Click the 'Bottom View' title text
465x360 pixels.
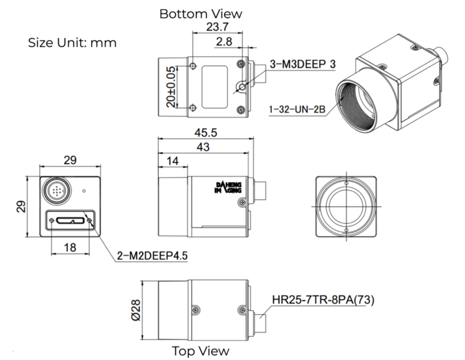pos(200,13)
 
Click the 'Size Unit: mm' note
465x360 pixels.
pos(72,43)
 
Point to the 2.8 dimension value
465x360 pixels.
pos(225,42)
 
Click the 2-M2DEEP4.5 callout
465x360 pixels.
pos(152,256)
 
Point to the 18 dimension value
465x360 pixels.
pos(71,247)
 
